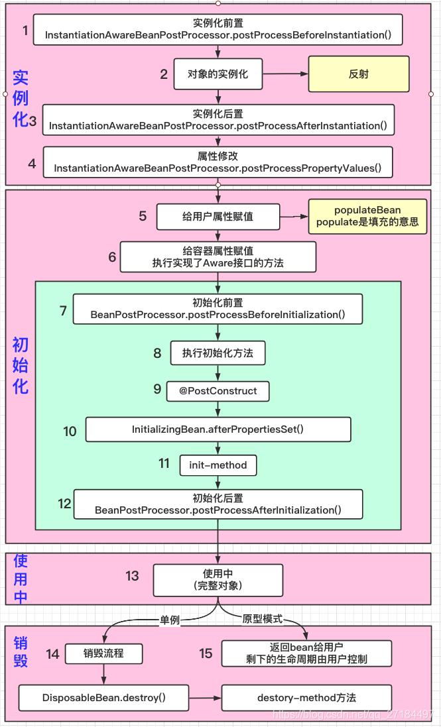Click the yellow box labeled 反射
coord(359,74)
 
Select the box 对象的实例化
coord(218,74)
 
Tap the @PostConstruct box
coord(218,391)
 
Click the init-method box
coord(218,465)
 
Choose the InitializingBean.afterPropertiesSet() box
coord(218,429)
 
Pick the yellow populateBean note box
coord(368,217)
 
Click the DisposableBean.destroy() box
coord(104,698)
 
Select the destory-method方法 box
coord(306,698)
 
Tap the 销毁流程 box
coord(104,653)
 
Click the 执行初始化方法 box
coord(218,353)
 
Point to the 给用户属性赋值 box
coord(218,217)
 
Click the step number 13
coord(132,576)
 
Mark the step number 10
coord(70,431)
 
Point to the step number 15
coord(206,653)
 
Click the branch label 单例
coord(170,620)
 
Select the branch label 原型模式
coord(263,619)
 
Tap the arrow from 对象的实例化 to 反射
coord(285,74)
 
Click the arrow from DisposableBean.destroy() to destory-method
coord(206,698)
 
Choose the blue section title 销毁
coord(21,651)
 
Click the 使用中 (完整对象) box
coord(218,580)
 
